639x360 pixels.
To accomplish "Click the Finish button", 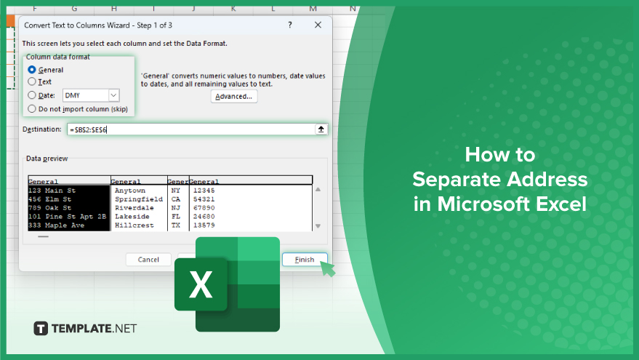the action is click(305, 260).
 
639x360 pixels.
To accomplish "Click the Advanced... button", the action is click(234, 97).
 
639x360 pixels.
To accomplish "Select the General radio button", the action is click(32, 70).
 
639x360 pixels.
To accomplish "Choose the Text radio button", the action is click(32, 81).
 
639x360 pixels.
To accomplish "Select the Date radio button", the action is click(32, 95).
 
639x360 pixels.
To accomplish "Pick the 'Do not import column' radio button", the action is click(32, 109).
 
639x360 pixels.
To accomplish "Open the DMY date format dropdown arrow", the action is click(113, 95).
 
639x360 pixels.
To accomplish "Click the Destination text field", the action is click(190, 129).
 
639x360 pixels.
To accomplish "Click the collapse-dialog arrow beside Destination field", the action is click(321, 129).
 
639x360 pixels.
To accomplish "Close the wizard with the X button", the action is click(318, 25).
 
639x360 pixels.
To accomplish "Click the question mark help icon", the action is click(290, 25).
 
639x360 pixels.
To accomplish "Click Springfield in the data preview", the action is click(139, 199).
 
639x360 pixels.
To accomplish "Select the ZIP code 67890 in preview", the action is click(204, 208).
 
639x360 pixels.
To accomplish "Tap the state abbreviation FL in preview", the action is click(176, 217).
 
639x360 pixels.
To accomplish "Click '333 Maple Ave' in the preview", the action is click(56, 225).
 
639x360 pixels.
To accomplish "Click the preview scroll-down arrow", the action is click(318, 226).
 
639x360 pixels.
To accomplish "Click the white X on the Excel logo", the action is click(201, 284).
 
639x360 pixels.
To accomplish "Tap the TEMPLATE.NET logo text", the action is click(94, 329).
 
